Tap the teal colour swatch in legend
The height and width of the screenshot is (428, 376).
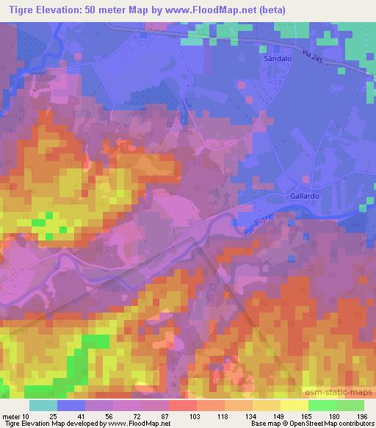coord(43,404)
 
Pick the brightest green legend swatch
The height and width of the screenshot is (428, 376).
coord(322,404)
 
